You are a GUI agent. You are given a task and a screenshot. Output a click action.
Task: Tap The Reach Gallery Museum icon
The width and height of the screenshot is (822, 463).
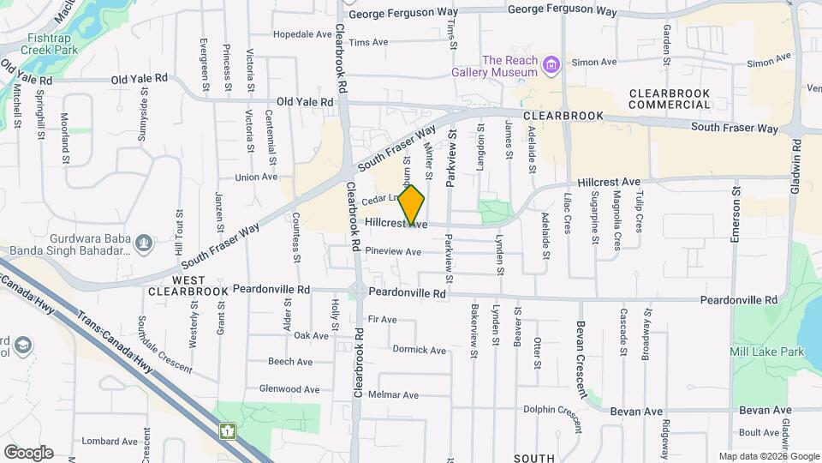[x=552, y=65]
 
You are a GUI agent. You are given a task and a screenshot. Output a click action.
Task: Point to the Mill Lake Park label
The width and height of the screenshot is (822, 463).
[x=766, y=352]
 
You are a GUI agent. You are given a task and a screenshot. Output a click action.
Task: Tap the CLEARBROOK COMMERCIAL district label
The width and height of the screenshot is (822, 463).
[x=670, y=99]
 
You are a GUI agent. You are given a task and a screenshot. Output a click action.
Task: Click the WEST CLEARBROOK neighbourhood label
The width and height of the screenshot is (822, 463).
[x=188, y=286]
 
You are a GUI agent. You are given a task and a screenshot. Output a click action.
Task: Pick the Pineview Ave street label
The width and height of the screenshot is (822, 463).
[x=393, y=252]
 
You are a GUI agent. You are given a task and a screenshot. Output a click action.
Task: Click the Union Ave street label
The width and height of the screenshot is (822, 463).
[x=257, y=177]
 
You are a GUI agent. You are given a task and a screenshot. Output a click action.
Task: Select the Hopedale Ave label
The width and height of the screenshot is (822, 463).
[x=302, y=35]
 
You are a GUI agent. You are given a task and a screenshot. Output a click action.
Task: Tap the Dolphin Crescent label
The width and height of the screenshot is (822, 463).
[x=557, y=410]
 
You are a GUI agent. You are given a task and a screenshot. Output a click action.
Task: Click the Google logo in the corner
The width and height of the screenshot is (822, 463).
[x=28, y=453]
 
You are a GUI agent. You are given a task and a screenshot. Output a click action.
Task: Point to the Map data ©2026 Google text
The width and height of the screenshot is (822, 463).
[x=769, y=456]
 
